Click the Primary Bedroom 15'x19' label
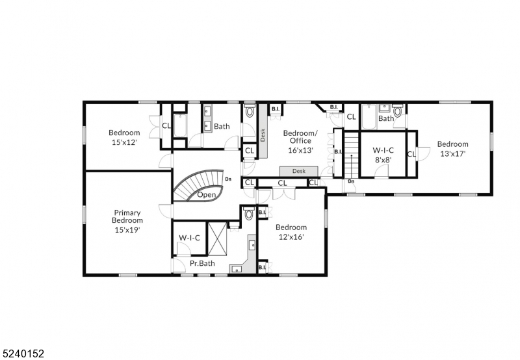[x=127, y=220]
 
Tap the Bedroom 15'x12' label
[x=123, y=137]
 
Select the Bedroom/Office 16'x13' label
[x=300, y=141]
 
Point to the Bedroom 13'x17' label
[x=452, y=149]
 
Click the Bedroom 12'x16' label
[x=291, y=232]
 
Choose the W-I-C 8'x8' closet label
[x=383, y=154]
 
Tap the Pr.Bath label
[x=202, y=263]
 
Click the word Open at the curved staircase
[x=207, y=194]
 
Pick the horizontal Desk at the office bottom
[x=299, y=171]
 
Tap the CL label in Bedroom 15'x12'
[x=166, y=126]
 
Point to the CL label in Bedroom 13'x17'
[x=411, y=154]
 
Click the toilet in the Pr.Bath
[x=248, y=214]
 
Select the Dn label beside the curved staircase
[x=227, y=179]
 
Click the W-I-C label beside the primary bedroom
[x=189, y=238]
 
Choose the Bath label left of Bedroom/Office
[x=222, y=126]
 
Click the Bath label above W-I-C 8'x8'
[x=386, y=118]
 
